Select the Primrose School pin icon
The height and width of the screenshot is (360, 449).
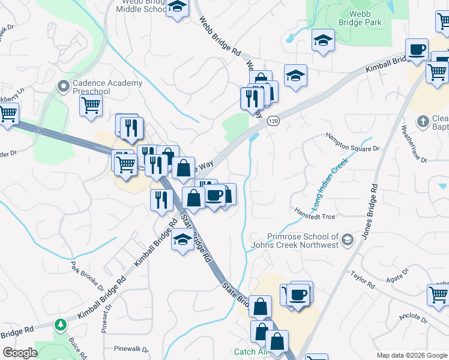pyautogui.click(x=347, y=241)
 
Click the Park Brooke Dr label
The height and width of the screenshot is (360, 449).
pyautogui.click(x=88, y=275)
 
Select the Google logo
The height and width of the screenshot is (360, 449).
pyautogui.click(x=20, y=353)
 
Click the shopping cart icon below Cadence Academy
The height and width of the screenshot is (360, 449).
pyautogui.click(x=91, y=105)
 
